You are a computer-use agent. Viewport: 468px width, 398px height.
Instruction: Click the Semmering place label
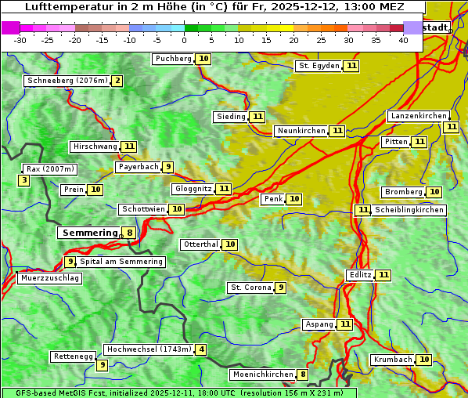click(88, 233)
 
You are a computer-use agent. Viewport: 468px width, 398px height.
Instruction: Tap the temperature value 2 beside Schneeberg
click(117, 81)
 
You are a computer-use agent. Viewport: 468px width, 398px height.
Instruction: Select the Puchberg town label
click(173, 59)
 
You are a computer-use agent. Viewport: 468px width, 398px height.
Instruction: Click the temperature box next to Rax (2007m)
click(24, 181)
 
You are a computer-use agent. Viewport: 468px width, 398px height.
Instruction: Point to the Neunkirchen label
click(301, 131)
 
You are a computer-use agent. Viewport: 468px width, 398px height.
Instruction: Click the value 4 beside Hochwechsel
click(201, 349)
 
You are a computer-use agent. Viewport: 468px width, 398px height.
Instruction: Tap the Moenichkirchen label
click(262, 374)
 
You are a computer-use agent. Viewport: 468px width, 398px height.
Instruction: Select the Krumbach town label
click(392, 360)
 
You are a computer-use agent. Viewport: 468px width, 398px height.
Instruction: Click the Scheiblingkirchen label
click(409, 210)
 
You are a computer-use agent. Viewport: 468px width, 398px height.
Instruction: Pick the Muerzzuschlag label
click(49, 278)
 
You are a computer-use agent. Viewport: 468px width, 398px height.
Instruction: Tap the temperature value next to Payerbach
click(167, 167)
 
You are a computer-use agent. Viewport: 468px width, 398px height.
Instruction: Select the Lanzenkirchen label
click(418, 116)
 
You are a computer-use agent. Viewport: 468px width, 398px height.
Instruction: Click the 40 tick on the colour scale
click(403, 40)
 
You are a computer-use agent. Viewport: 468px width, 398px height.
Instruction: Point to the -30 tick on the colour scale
click(20, 40)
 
